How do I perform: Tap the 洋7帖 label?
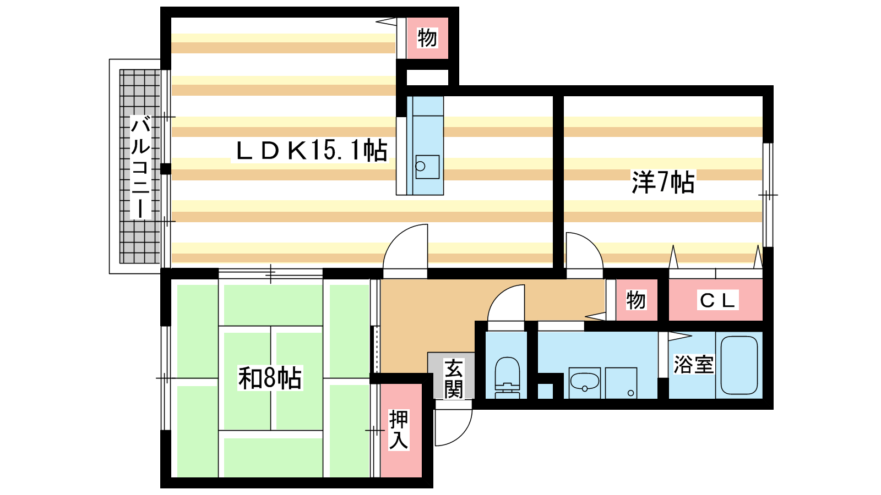pos(663,182)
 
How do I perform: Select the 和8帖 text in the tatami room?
pos(270,377)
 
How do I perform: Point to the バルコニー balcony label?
pos(140,167)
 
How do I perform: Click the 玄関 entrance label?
pos(454,378)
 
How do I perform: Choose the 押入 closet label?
pos(399,430)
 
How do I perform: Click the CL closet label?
pos(717,300)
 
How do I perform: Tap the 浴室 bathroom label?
pos(693,364)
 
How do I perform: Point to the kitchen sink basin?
pos(427,167)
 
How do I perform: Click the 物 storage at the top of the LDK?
pos(427,38)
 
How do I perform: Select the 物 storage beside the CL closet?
pos(636,300)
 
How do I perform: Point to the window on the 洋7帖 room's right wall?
pos(768,195)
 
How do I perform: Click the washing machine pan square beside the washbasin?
pos(621,383)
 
